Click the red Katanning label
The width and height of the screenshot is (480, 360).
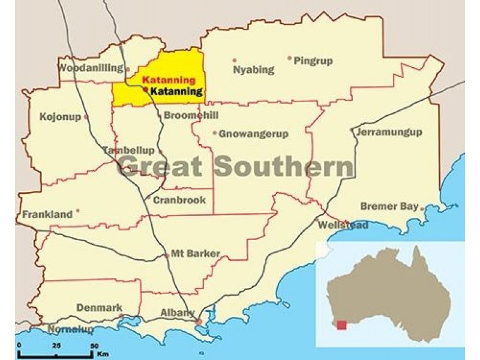pyautogui.click(x=169, y=80)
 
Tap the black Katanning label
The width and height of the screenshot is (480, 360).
pyautogui.click(x=176, y=92)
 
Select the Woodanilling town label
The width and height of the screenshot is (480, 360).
pyautogui.click(x=91, y=68)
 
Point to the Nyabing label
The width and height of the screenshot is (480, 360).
pyautogui.click(x=253, y=70)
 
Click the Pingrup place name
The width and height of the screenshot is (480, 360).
pyautogui.click(x=313, y=61)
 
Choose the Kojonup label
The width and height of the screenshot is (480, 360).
pyautogui.click(x=59, y=116)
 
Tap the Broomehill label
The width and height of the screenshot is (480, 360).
pyautogui.click(x=191, y=115)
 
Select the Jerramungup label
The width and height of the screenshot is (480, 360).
pyautogui.click(x=389, y=132)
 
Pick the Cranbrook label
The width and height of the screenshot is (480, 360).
pyautogui.click(x=179, y=200)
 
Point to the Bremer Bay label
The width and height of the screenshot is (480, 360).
pyautogui.click(x=389, y=206)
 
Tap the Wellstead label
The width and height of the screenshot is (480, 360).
pyautogui.click(x=343, y=225)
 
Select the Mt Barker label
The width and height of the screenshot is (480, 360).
pyautogui.click(x=196, y=254)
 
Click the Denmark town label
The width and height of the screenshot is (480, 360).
pyautogui.click(x=99, y=308)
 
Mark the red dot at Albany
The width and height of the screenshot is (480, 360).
pyautogui.click(x=199, y=322)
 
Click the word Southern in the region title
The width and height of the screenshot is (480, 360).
pyautogui.click(x=284, y=166)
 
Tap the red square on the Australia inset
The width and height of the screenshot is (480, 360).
pyautogui.click(x=341, y=325)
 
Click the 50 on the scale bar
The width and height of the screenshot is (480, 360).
pyautogui.click(x=94, y=346)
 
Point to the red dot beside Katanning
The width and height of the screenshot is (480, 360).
pyautogui.click(x=146, y=89)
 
